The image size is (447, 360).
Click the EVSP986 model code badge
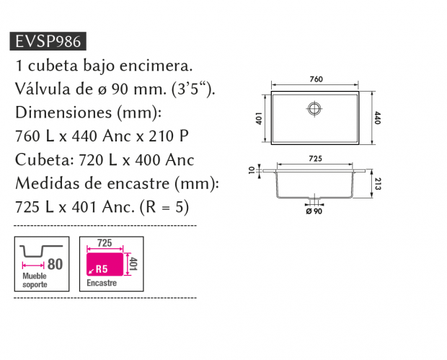point(48,41)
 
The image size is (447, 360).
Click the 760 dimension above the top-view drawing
point(317,79)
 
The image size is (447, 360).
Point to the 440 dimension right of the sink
point(378,118)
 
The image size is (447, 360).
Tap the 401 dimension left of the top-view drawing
point(259,118)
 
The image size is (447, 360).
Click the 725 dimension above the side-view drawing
point(315,159)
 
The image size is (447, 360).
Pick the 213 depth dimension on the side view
point(378,184)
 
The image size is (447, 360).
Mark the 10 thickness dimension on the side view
point(252,170)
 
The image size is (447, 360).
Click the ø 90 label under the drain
point(314,211)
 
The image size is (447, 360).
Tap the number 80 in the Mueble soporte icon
point(55,264)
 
